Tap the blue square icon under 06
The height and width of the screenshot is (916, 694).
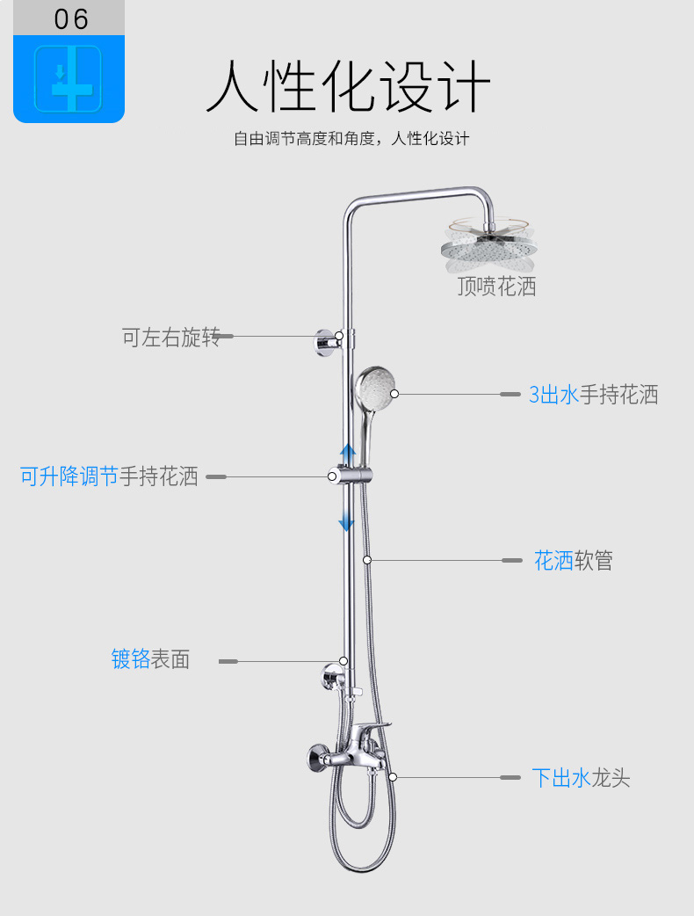69,78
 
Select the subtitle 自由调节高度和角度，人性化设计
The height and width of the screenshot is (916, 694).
351,139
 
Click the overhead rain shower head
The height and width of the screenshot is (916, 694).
488,248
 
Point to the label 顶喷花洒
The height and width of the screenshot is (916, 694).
496,287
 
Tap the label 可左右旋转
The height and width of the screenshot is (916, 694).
170,337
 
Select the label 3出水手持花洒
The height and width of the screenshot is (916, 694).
593,395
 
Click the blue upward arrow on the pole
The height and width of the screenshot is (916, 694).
348,454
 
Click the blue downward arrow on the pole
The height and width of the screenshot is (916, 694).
347,520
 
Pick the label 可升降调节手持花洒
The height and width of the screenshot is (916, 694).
110,477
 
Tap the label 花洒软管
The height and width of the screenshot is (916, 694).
574,561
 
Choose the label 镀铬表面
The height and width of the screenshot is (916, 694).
150,659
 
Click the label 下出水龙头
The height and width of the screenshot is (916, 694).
581,778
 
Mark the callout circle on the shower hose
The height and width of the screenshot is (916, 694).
367,559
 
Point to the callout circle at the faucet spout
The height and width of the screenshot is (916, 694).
393,777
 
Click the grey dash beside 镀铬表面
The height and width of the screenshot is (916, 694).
228,661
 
